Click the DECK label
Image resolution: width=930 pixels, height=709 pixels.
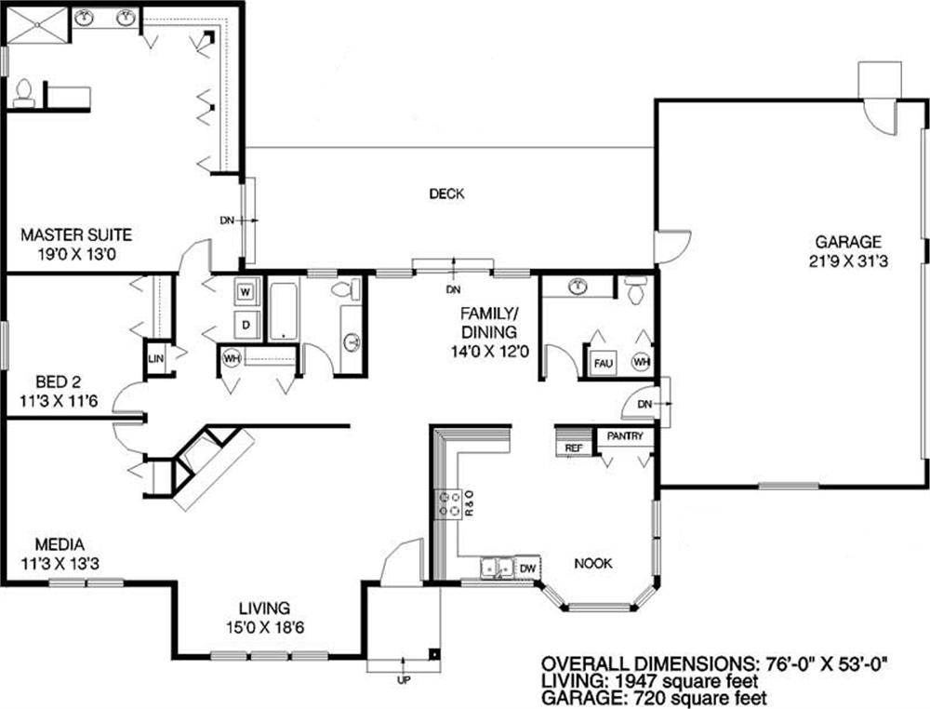(446, 194)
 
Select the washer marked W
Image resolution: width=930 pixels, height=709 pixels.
(246, 291)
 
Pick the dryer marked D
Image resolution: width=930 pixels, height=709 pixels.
(246, 325)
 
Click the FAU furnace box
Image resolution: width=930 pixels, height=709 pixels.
(604, 363)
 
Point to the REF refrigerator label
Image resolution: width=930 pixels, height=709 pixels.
(573, 448)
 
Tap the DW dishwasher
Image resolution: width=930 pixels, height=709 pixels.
(527, 569)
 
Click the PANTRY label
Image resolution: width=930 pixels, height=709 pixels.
(625, 436)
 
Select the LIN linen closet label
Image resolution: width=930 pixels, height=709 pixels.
(156, 358)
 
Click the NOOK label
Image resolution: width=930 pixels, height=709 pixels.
(593, 564)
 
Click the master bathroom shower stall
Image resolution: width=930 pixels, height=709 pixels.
(38, 25)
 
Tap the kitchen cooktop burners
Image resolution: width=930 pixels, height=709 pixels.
(449, 504)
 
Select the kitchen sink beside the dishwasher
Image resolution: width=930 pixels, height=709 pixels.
(497, 568)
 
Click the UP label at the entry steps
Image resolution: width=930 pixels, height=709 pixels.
(404, 680)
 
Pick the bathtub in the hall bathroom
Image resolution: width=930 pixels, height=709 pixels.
(284, 312)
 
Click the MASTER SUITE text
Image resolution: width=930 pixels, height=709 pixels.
(76, 235)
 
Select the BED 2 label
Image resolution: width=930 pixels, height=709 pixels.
(59, 381)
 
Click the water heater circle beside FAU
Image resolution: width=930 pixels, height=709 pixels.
(641, 361)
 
